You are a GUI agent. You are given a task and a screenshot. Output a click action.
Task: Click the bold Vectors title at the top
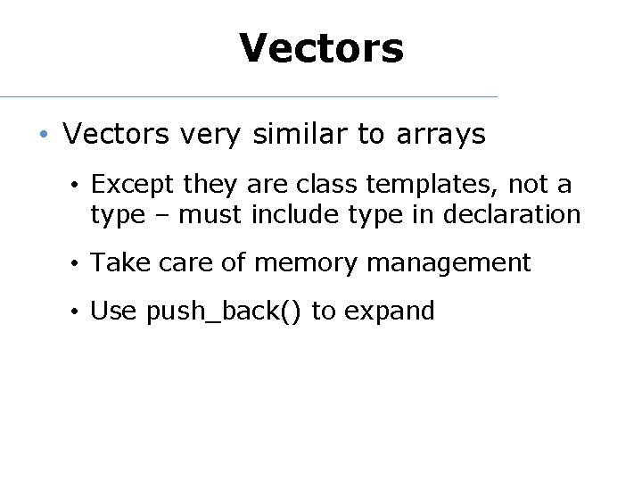pos(321,48)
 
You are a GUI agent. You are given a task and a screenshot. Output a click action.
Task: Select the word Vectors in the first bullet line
pos(116,135)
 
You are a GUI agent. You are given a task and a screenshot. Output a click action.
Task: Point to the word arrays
pos(439,135)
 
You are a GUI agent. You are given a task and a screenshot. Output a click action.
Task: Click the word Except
pos(133,185)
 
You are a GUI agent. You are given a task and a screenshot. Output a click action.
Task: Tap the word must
pos(211,215)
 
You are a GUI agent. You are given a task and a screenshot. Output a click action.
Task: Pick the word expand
pos(389,312)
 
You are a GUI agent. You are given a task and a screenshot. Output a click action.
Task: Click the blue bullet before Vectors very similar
pos(43,136)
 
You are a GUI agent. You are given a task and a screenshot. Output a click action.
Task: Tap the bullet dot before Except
pos(78,186)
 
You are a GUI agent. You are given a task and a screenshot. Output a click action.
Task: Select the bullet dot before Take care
pos(78,264)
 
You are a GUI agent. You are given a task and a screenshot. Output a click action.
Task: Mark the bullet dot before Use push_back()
pos(78,312)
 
